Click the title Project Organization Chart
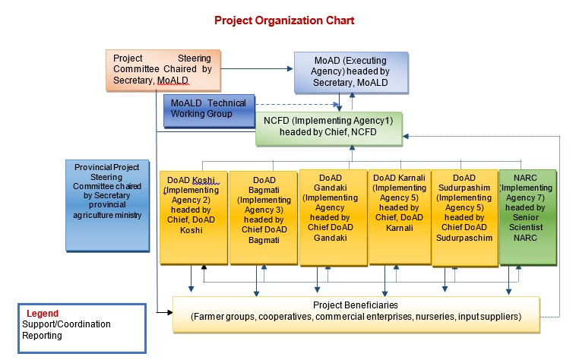284,21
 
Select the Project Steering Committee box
163,70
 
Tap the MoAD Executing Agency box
350,71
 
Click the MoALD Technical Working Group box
209,110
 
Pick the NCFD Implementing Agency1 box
328,128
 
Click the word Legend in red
43,313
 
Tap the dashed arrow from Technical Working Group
296,105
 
